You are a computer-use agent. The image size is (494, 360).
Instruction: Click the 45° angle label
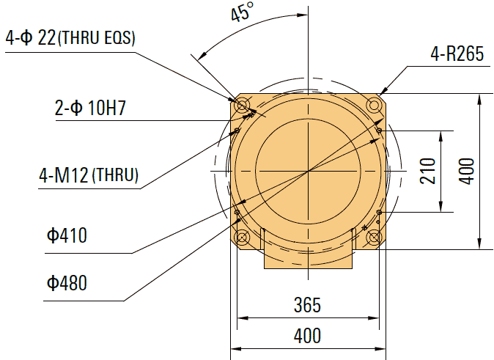243,15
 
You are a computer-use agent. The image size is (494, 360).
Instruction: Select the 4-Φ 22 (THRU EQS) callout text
70,39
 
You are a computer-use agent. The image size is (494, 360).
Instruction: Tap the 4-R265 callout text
457,55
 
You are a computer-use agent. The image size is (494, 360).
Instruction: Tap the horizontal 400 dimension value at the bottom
307,336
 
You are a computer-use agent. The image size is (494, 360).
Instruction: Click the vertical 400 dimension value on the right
470,171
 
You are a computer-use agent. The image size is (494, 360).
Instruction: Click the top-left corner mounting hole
240,103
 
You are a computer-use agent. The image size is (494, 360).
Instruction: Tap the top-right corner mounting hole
375,103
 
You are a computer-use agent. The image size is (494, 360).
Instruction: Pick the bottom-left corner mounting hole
240,238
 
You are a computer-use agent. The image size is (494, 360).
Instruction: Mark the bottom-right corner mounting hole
375,238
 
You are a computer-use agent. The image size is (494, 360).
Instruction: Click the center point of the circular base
308,171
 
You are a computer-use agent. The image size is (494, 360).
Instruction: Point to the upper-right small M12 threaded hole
379,131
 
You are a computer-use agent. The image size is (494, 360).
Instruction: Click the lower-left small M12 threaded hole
237,212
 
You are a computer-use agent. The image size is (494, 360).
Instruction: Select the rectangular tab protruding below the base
308,258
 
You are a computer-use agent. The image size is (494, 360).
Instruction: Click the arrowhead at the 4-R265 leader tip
383,92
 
